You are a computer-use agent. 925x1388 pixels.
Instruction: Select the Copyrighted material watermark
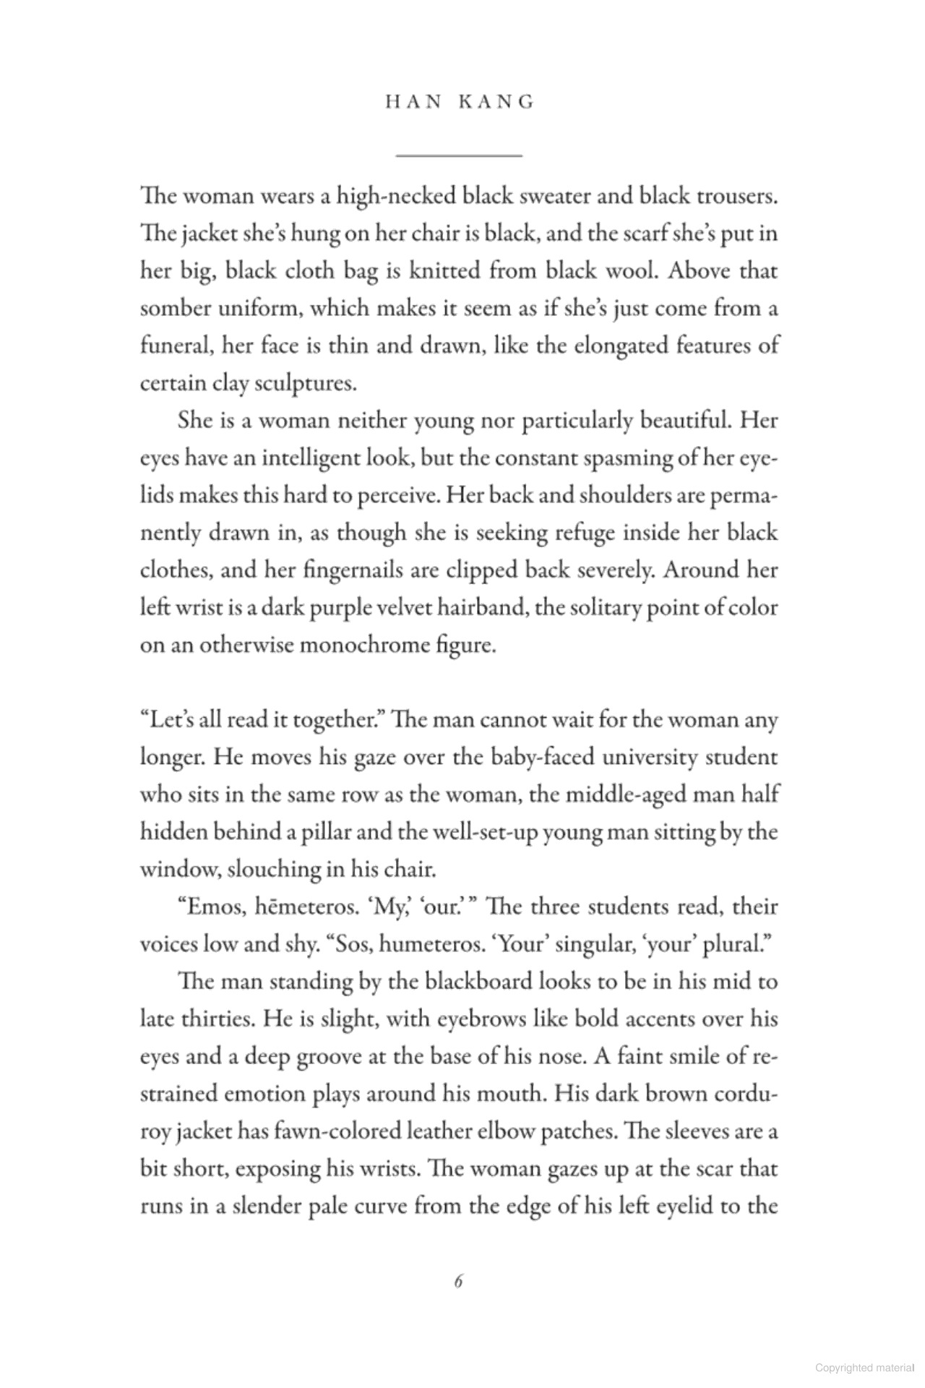864,1368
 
